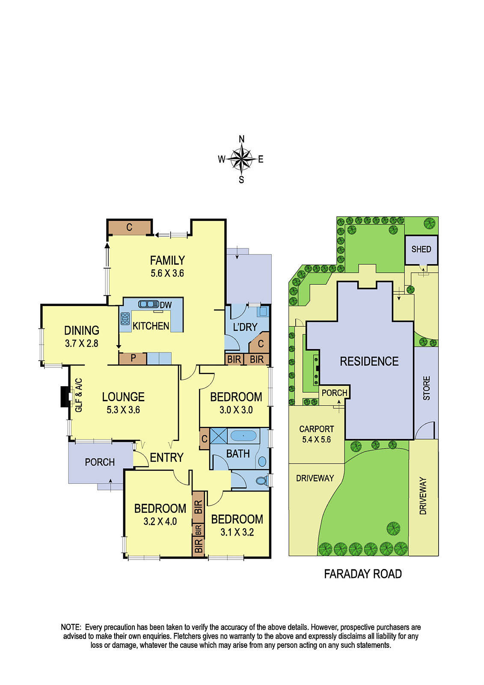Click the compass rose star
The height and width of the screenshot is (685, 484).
click(242, 159)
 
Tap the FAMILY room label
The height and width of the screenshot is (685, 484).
click(167, 260)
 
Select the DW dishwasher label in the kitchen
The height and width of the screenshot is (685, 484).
click(166, 305)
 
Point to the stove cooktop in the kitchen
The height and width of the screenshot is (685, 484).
click(125, 319)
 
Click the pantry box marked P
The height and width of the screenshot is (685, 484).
click(133, 358)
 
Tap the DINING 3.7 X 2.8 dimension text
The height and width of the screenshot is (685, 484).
click(81, 343)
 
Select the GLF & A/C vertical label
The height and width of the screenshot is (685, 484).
click(78, 395)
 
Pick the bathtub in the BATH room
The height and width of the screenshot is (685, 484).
click(243, 436)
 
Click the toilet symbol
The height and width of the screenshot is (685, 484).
click(261, 481)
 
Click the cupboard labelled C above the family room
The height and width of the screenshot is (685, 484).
click(129, 227)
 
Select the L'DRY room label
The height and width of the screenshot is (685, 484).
click(245, 327)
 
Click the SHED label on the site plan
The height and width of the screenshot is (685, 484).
click(421, 249)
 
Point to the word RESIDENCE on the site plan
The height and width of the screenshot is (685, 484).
click(369, 361)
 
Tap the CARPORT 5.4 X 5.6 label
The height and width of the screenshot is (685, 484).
click(316, 434)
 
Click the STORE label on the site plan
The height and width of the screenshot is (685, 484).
click(427, 388)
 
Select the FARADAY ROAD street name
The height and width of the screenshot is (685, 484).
click(362, 574)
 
